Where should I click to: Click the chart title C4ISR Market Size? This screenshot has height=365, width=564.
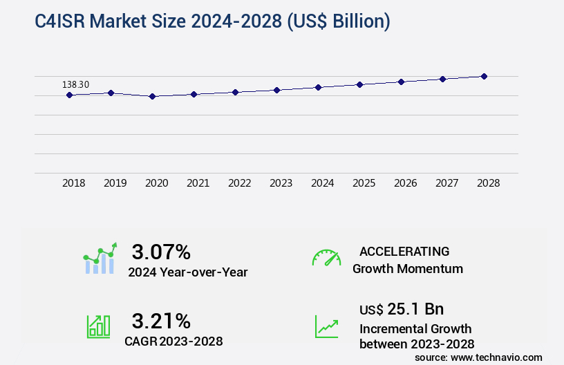tap(213, 22)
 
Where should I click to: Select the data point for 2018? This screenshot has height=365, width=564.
tap(69, 95)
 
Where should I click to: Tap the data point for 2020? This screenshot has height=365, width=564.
tap(152, 97)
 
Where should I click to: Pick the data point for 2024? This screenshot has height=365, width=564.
tap(318, 87)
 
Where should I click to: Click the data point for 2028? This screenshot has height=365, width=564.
tap(484, 76)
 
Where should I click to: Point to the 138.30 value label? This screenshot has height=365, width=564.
tap(75, 84)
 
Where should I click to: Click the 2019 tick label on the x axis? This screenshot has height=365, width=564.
tap(115, 183)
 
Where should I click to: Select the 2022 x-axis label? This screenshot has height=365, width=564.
tap(240, 183)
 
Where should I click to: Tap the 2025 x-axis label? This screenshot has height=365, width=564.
tap(364, 183)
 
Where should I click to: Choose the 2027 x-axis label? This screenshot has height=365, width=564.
tap(447, 183)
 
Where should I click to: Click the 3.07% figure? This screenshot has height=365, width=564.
tap(161, 251)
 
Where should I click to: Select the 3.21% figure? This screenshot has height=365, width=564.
tap(161, 320)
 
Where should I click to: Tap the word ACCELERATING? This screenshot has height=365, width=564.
tap(404, 251)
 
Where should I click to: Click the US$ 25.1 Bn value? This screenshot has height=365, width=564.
tap(402, 309)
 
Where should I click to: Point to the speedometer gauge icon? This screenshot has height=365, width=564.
tap(326, 258)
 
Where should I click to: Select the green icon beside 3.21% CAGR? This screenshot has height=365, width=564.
tap(98, 326)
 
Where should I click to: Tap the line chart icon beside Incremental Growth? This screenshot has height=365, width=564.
tap(326, 326)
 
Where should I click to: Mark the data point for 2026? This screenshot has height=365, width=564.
tap(401, 82)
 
